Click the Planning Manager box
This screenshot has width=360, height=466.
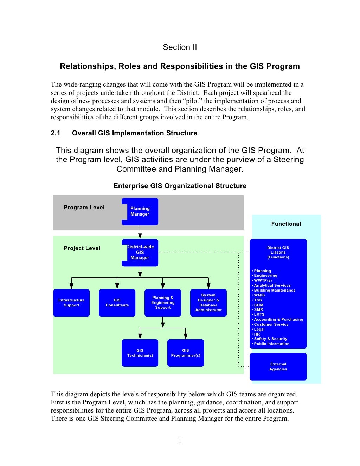[x=140, y=211]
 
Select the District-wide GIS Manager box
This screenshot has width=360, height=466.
[x=140, y=253]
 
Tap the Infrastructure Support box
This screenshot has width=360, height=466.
[x=71, y=302]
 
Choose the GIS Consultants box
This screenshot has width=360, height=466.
[x=117, y=302]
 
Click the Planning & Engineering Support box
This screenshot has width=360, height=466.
[x=163, y=302]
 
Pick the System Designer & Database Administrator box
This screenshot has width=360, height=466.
[x=208, y=302]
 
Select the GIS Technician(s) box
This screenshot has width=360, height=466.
[x=140, y=353]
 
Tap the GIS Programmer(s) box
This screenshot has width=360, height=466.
[x=186, y=353]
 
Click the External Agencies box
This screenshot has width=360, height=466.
[x=278, y=366]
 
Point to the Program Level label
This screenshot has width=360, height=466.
[x=84, y=208]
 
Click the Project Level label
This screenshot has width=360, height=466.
[x=82, y=248]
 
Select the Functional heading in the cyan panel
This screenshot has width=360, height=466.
[x=286, y=224]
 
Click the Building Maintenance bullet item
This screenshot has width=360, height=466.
[x=274, y=290]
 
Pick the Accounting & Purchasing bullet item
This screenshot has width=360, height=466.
[x=277, y=320]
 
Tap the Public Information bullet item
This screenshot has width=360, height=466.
[x=270, y=344]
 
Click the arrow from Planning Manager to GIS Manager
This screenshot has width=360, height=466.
[x=140, y=232]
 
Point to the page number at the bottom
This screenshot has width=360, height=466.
[x=180, y=441]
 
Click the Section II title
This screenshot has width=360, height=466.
[x=180, y=47]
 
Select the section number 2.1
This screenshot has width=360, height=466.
[x=56, y=133]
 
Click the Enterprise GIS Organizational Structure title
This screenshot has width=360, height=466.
[x=180, y=186]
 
